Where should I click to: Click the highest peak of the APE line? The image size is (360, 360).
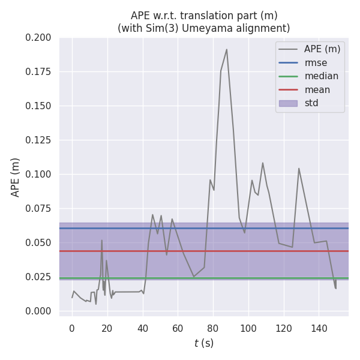pos(226,49)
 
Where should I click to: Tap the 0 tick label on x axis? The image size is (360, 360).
pos(72,328)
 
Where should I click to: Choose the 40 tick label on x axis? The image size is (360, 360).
pos(142,328)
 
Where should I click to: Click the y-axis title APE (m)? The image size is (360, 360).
pos(16,177)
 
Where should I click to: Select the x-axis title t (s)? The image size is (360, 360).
pos(204,343)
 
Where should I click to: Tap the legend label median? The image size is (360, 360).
pos(321,76)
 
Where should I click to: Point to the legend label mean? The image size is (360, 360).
pos(317,90)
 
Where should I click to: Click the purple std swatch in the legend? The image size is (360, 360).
pos(288,103)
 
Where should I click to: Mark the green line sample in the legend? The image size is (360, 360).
pos(288,76)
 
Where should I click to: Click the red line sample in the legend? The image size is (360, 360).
pos(288,90)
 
